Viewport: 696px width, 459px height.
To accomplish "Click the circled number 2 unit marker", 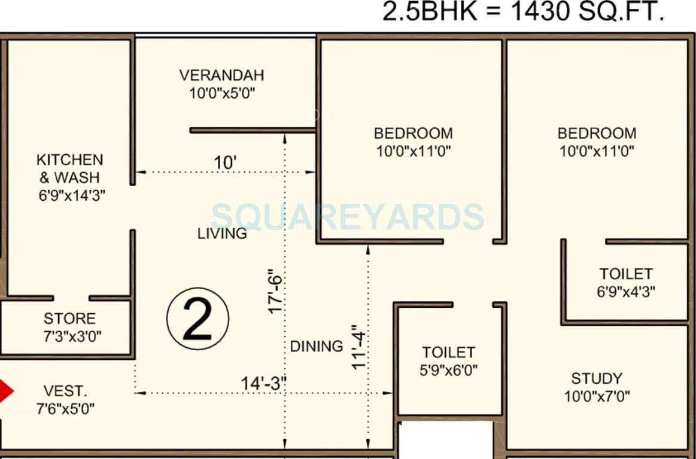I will click(x=197, y=319).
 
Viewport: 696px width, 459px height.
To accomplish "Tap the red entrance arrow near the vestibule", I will click(x=5, y=391).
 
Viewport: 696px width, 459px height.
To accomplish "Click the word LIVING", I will click(x=222, y=233).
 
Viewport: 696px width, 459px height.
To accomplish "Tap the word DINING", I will click(x=317, y=346).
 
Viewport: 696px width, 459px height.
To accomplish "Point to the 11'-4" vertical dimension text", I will click(x=358, y=347).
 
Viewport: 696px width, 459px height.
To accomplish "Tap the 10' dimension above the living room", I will click(x=225, y=163).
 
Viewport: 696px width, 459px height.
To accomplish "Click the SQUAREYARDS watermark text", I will click(x=348, y=216).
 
